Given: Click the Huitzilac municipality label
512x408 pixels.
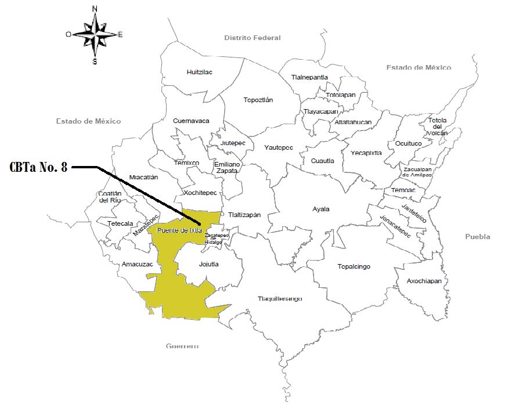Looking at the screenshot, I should (200, 73).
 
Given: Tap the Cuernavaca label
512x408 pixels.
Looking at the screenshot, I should (191, 121).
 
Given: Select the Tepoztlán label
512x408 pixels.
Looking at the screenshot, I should (258, 100).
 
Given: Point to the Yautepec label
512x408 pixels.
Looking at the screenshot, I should (279, 147).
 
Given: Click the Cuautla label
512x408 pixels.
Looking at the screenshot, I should (322, 161).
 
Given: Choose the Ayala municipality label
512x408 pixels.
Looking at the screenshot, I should (320, 209).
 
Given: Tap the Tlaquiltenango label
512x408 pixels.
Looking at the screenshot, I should (280, 299).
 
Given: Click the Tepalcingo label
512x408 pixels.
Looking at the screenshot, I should (354, 267).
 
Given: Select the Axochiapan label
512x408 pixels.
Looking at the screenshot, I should (424, 281).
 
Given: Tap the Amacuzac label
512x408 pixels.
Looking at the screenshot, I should (136, 264).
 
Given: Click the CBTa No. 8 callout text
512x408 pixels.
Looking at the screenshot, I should (39, 168).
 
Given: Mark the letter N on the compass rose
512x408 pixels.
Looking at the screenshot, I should (95, 9).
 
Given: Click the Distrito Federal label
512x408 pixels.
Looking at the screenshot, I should (253, 38).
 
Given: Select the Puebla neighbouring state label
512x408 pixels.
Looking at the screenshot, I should (477, 237).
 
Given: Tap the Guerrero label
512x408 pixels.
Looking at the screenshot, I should (182, 346).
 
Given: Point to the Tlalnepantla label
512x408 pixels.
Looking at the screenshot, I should (309, 77).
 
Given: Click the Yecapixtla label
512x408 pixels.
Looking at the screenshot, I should (366, 153).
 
